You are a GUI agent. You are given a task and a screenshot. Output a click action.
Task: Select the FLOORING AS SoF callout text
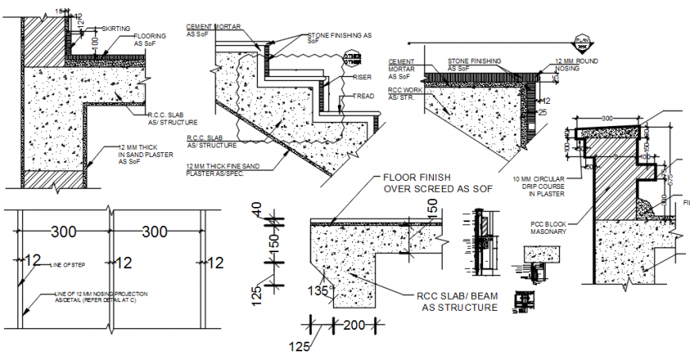click(149, 40)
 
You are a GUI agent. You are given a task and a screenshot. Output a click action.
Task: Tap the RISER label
click(358, 78)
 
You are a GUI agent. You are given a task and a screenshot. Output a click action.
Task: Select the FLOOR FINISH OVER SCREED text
click(438, 183)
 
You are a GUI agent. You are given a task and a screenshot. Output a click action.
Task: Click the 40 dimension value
click(256, 212)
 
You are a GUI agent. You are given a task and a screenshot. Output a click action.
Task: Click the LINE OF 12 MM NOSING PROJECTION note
click(101, 297)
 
